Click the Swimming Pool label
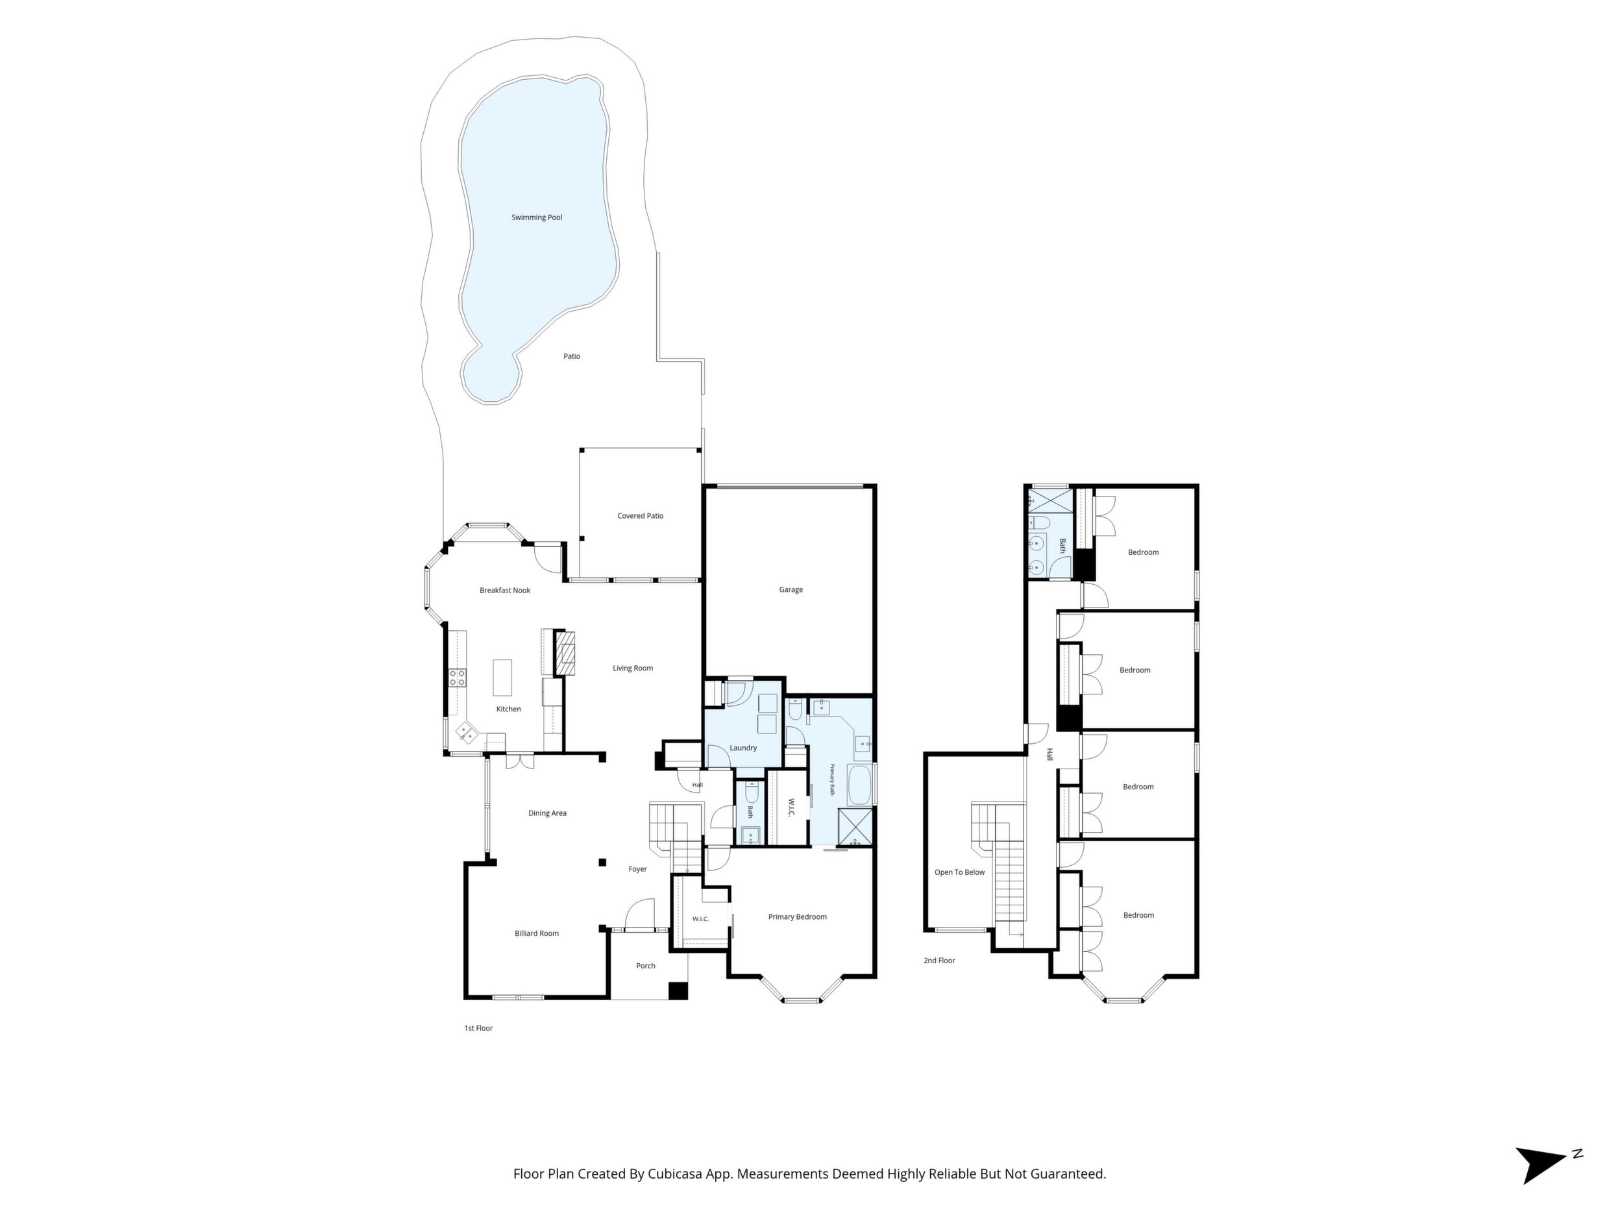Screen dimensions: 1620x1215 point(537,217)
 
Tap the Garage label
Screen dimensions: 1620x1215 point(791,589)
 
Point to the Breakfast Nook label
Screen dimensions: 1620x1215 point(504,590)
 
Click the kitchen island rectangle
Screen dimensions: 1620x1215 point(502,678)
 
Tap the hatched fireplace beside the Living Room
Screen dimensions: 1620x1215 point(565,654)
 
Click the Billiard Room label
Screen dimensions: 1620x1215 point(537,934)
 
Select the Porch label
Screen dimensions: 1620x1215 point(646,966)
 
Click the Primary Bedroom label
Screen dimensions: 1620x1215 point(798,917)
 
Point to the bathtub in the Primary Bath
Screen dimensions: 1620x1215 point(860,785)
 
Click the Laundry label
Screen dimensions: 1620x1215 point(743,748)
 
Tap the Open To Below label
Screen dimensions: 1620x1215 point(959,872)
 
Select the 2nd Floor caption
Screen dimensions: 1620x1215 point(940,960)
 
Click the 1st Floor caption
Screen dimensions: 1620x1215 point(478,1028)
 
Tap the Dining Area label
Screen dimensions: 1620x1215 point(548,813)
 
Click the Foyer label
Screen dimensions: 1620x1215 point(638,869)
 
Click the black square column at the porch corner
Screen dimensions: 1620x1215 point(679,990)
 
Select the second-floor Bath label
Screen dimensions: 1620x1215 point(1062,546)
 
